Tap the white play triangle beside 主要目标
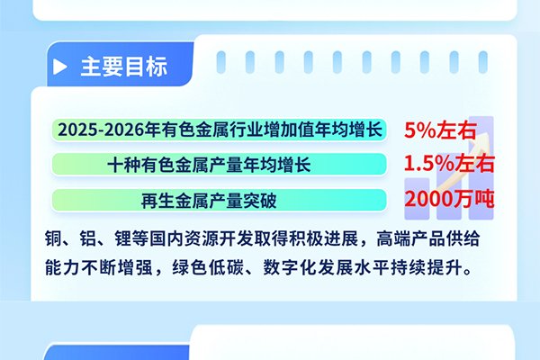[59, 67]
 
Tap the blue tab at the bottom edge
[117, 352]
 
